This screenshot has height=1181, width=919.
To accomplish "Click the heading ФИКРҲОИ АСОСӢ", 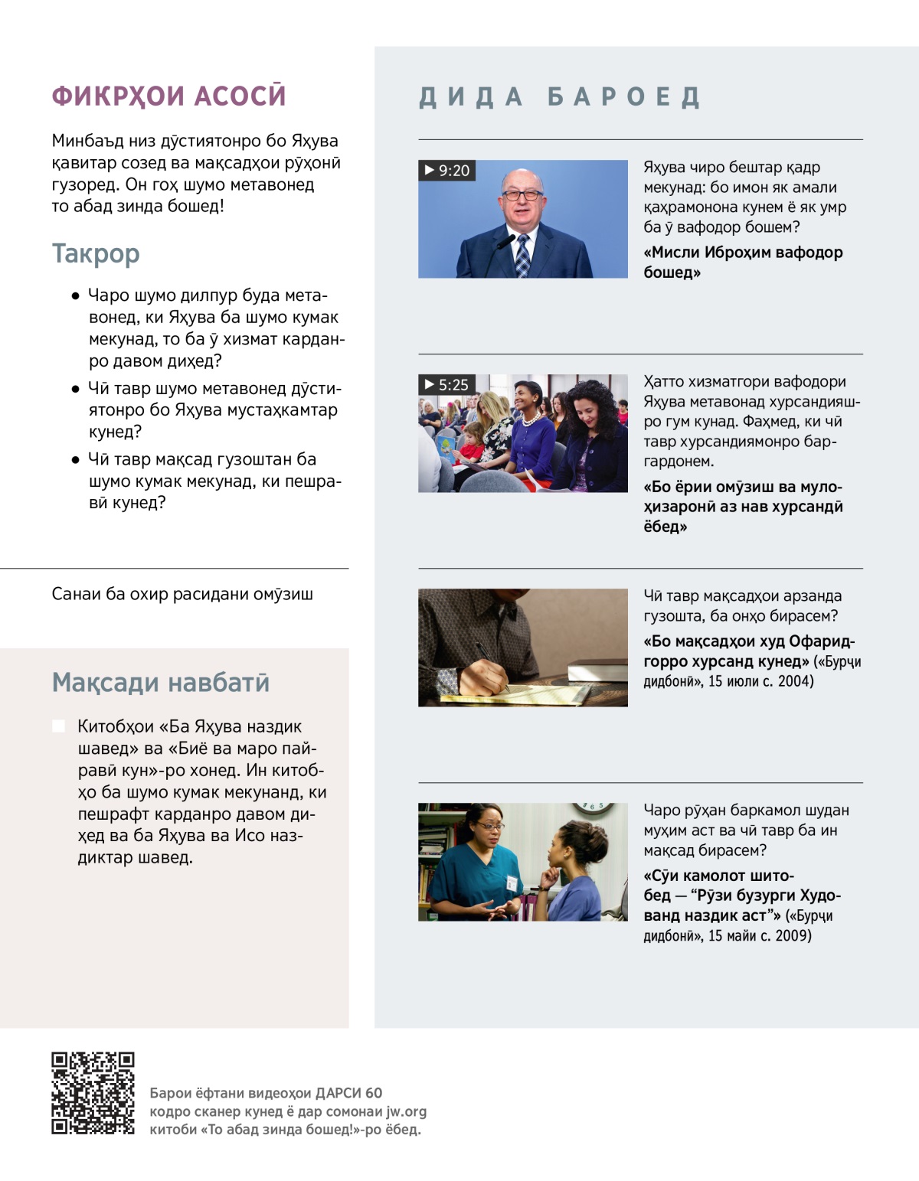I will click(x=168, y=96).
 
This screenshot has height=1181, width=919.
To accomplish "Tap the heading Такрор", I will click(x=96, y=253).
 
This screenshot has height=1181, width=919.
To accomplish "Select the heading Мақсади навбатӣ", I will click(x=160, y=682).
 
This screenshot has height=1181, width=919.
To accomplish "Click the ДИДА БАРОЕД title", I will click(x=560, y=97).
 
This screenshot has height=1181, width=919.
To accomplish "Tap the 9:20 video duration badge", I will click(x=447, y=171).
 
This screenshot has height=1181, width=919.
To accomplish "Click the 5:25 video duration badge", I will click(x=446, y=385).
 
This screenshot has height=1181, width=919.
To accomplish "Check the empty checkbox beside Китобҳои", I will click(x=58, y=726).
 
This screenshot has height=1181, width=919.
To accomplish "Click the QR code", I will click(x=93, y=1093).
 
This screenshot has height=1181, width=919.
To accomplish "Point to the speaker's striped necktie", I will click(x=522, y=256).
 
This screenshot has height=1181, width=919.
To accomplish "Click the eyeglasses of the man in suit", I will click(x=522, y=194).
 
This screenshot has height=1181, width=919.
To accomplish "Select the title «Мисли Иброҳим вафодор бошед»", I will click(x=742, y=262).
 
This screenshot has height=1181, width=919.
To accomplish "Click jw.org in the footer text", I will click(x=406, y=1111).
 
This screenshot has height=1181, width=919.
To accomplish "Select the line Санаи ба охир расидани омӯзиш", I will click(x=182, y=594).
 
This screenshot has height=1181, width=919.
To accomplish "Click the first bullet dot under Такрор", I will click(x=75, y=296).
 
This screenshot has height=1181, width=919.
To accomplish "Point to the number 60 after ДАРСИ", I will click(x=374, y=1093).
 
